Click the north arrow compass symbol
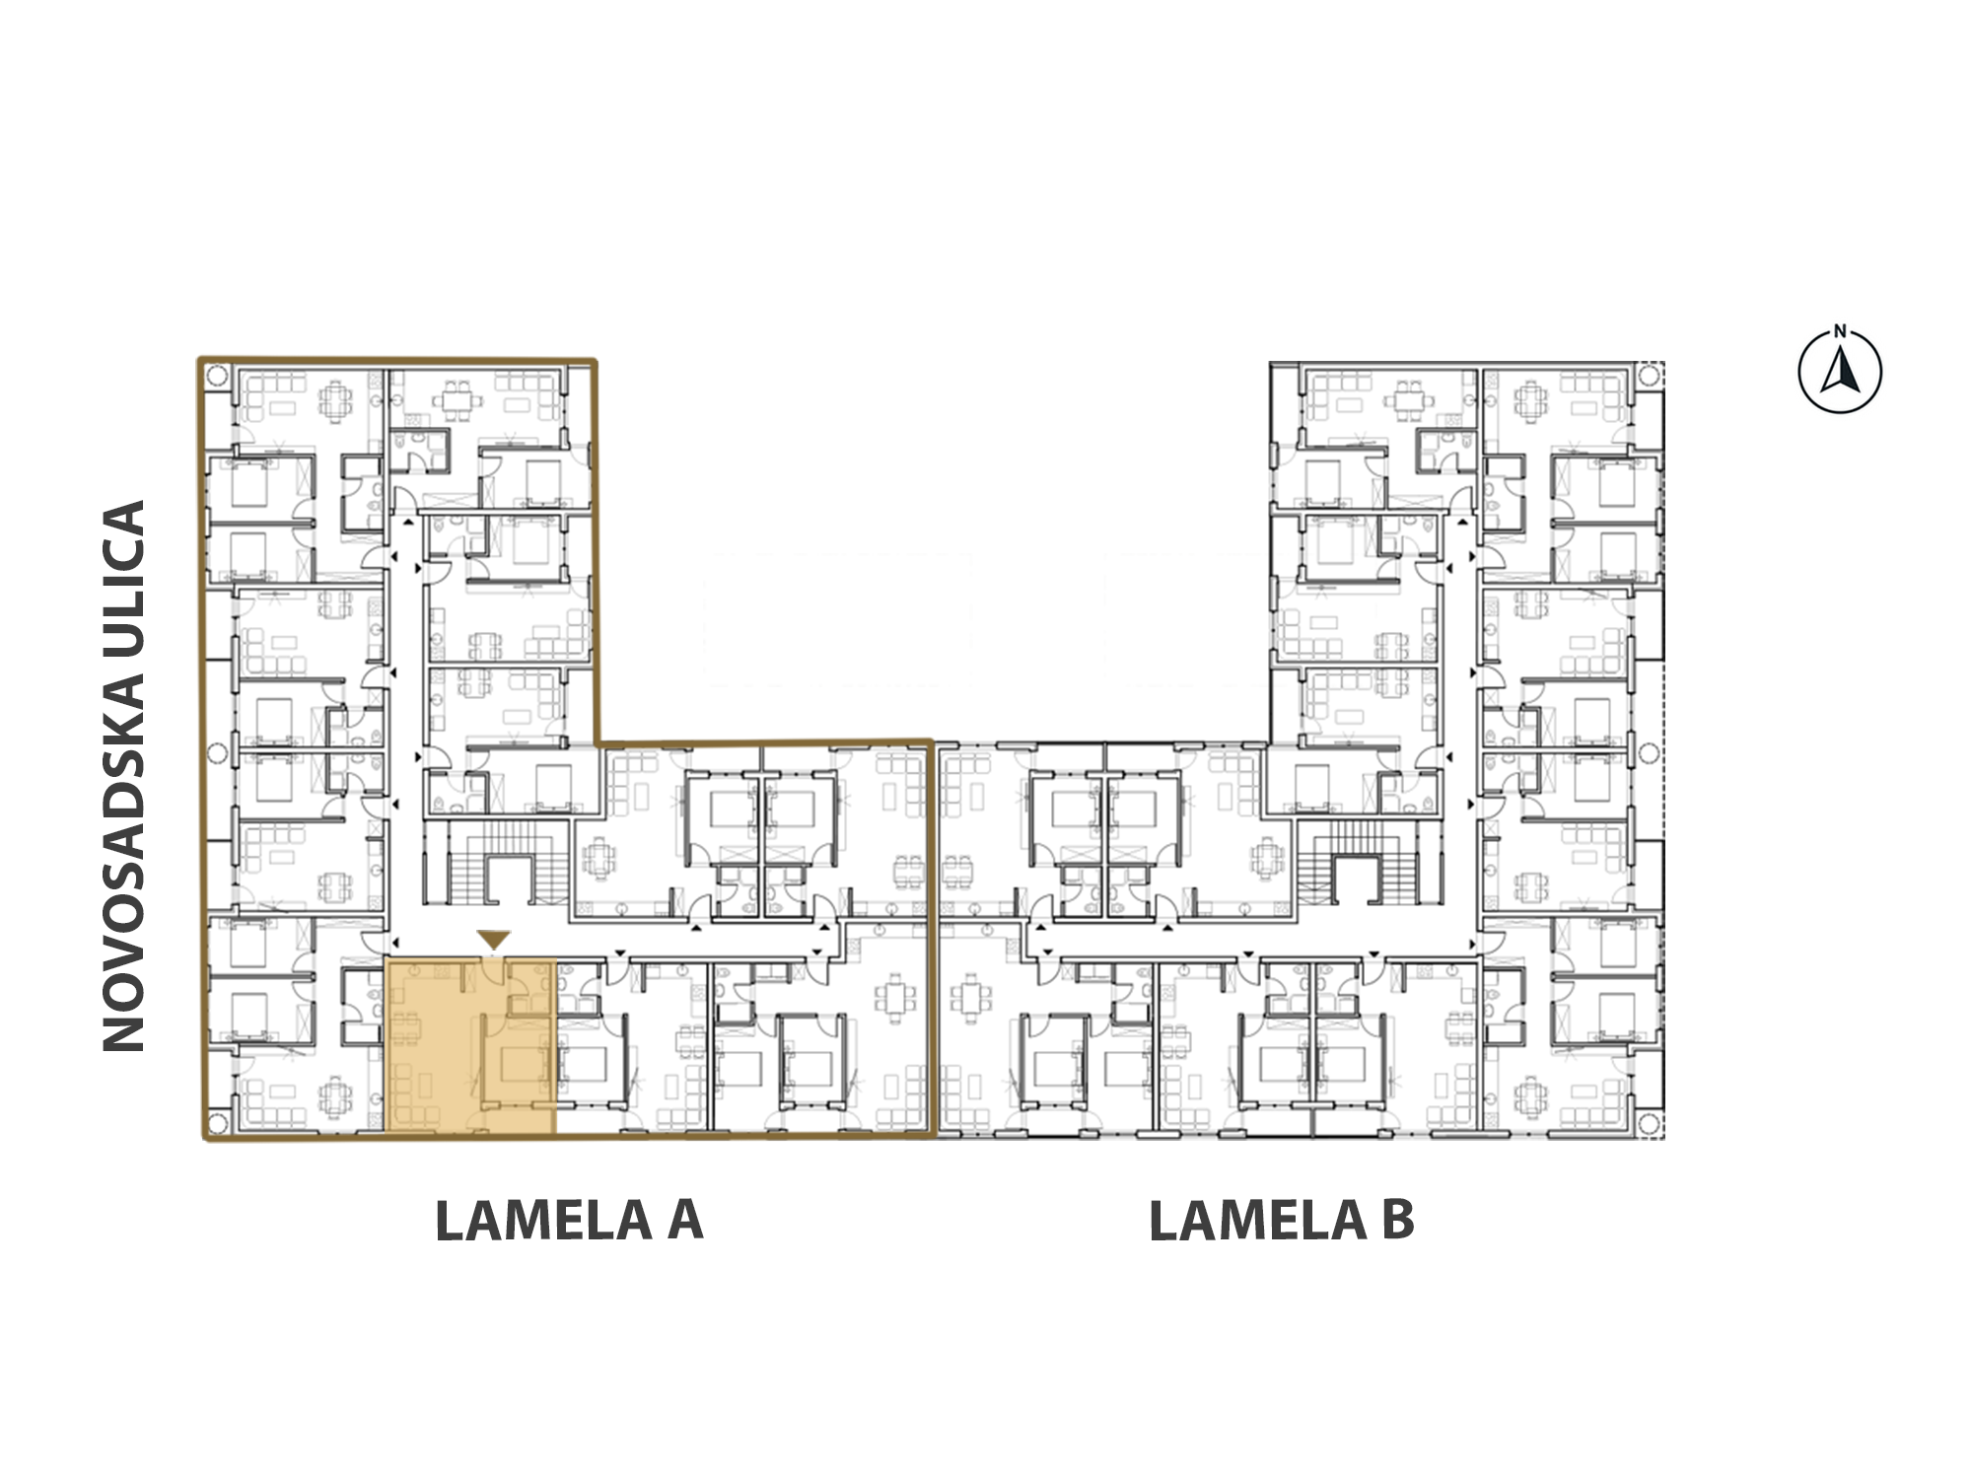pos(1840,372)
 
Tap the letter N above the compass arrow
pos(1840,332)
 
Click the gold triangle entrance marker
pos(494,940)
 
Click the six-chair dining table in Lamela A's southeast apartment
pos(895,999)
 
